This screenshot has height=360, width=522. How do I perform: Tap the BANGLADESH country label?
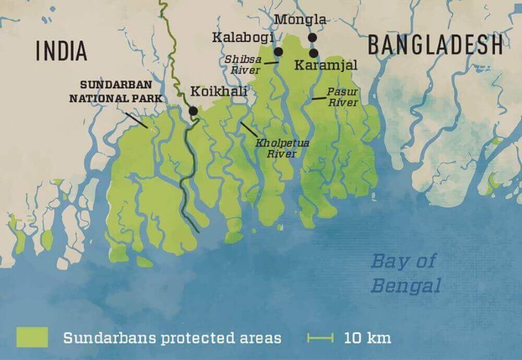click(434, 45)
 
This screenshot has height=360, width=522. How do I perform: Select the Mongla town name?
click(300, 20)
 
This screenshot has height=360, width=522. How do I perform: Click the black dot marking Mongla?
click(312, 38)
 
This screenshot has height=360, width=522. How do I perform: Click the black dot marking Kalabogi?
click(278, 52)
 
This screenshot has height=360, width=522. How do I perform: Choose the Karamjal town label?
click(325, 65)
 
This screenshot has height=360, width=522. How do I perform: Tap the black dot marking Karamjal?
click(314, 53)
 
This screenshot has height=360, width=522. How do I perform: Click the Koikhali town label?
click(219, 91)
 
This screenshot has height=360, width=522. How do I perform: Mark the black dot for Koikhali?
click(193, 111)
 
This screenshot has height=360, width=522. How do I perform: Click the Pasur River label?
click(342, 97)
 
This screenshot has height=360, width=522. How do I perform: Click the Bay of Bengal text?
click(404, 273)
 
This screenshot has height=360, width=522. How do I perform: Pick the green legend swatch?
click(32, 337)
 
